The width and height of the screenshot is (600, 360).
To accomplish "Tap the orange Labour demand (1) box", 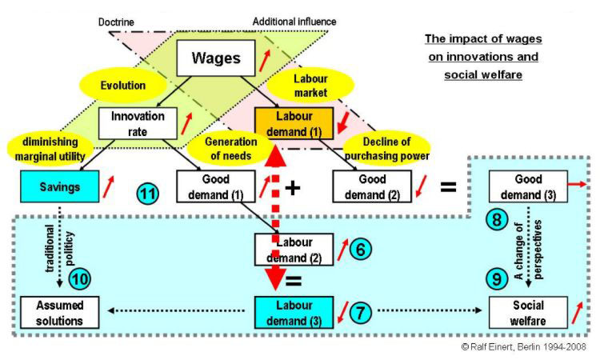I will click(288, 124).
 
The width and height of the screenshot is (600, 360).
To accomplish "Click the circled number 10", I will click(81, 279).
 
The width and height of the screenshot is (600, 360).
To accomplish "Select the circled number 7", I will click(359, 311).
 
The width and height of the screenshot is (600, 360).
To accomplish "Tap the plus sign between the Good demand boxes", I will click(294, 186).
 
